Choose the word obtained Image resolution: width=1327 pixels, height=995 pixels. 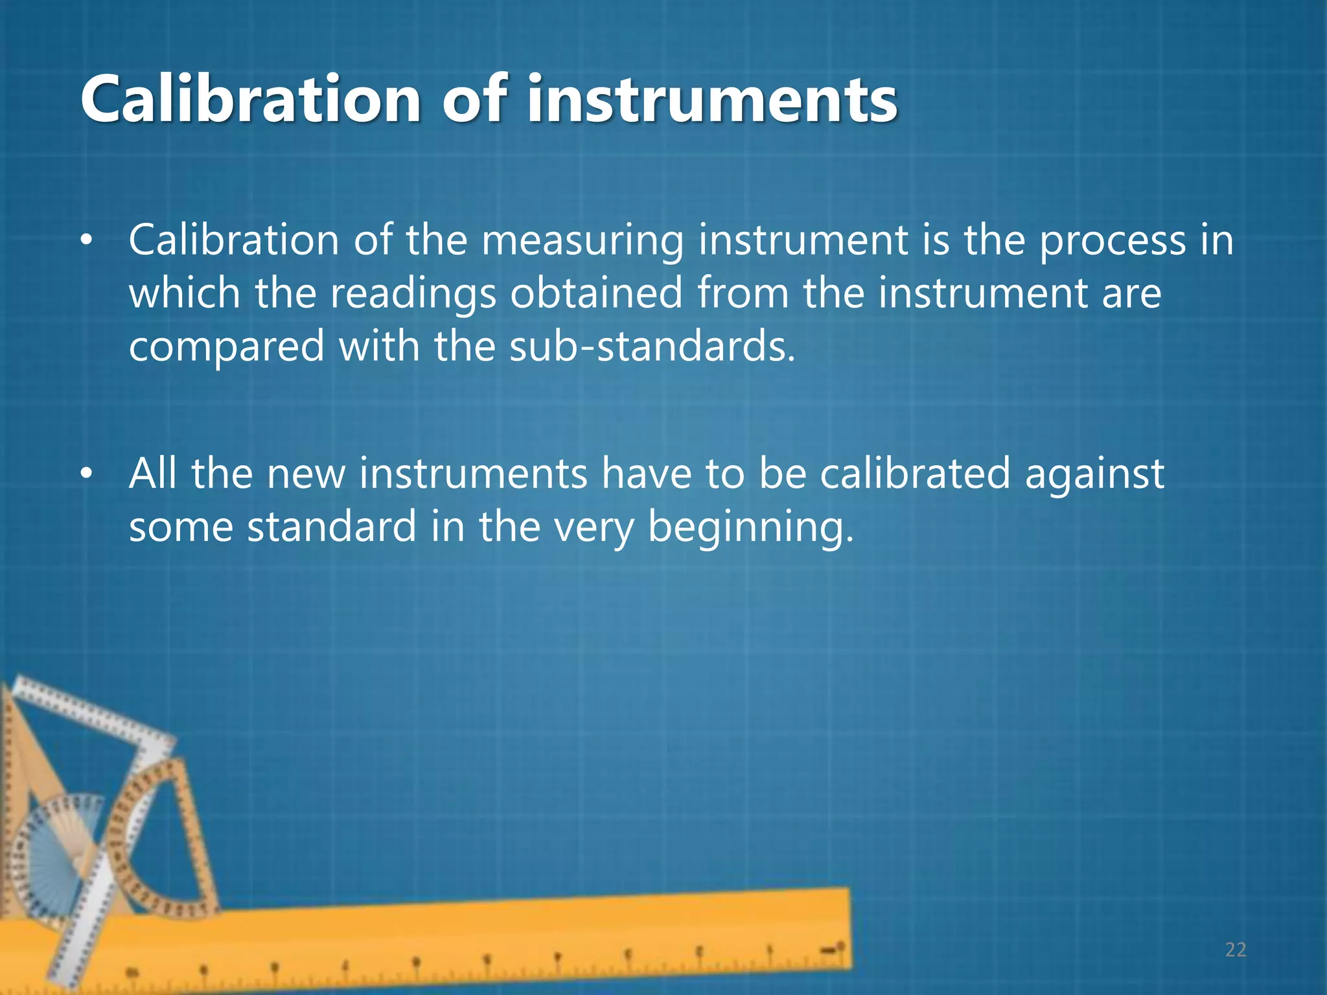[596, 293]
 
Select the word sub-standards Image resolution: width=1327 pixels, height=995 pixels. [652, 347]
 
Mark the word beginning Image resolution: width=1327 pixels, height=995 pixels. [751, 527]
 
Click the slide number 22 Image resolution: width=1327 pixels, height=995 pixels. [1236, 950]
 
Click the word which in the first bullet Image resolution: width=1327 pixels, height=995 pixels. [185, 293]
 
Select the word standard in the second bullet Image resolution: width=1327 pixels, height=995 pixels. [332, 526]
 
